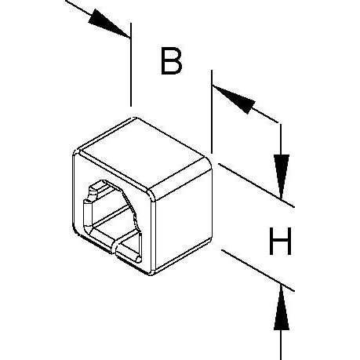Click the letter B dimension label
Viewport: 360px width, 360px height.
click(171, 60)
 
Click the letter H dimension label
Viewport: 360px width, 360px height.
click(280, 241)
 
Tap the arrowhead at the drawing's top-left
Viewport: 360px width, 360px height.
click(108, 23)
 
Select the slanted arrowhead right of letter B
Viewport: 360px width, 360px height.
click(234, 99)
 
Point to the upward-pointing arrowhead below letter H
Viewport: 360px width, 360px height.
click(282, 307)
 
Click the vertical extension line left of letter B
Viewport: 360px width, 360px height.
click(131, 64)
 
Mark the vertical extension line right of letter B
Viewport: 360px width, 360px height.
click(212, 111)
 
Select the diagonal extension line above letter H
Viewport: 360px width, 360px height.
click(256, 185)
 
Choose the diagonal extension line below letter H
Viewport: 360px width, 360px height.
click(258, 271)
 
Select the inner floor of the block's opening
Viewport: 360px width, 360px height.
click(115, 226)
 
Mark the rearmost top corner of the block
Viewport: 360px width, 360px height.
click(135, 118)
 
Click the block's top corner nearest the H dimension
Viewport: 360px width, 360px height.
click(209, 158)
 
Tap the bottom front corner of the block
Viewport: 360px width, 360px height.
click(151, 274)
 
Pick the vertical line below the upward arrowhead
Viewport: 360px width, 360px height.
click(281, 344)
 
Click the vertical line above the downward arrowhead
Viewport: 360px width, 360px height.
click(281, 140)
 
